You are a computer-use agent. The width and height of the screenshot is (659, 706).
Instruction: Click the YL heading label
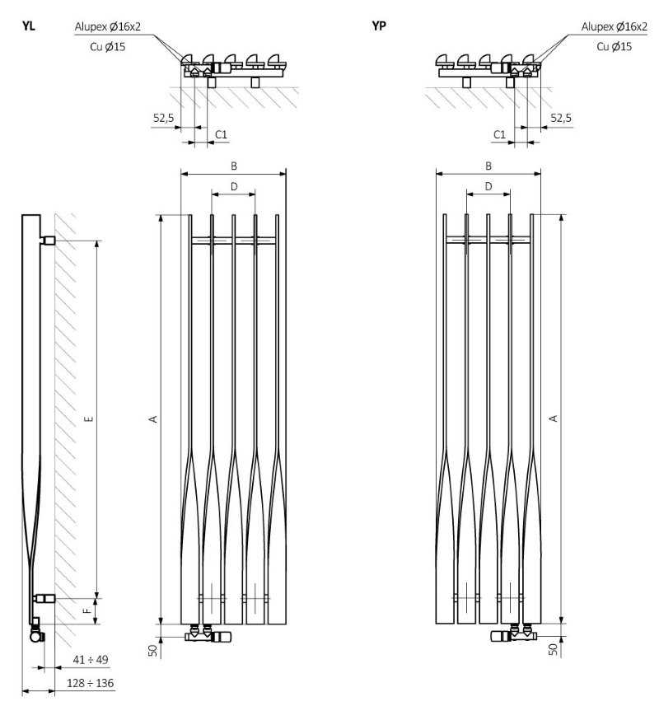tap(28, 26)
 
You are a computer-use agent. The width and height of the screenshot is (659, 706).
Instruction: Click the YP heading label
tap(379, 26)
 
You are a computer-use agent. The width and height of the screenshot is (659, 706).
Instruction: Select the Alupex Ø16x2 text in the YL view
tap(108, 26)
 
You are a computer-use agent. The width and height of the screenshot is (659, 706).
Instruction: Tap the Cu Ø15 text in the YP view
tap(614, 46)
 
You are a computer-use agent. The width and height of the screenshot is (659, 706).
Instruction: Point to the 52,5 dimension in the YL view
tap(163, 118)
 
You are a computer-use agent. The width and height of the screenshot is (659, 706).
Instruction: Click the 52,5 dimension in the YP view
tap(561, 118)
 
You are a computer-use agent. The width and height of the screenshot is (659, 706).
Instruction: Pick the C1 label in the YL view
tap(221, 134)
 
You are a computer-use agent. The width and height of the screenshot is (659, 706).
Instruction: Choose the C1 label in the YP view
tap(500, 134)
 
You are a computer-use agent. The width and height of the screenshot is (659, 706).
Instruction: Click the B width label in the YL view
tap(234, 166)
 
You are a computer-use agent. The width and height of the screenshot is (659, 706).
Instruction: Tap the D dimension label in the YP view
tap(488, 186)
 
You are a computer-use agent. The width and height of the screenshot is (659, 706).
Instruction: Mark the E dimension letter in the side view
tap(89, 419)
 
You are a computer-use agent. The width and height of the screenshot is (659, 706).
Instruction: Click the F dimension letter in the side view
tap(89, 610)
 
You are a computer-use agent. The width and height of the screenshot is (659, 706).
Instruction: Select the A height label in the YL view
tap(153, 419)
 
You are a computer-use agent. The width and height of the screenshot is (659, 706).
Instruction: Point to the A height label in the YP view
tap(554, 418)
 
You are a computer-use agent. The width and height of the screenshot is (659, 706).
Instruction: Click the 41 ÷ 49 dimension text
tap(91, 660)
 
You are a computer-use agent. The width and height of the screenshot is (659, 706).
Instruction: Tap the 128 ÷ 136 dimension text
tap(91, 683)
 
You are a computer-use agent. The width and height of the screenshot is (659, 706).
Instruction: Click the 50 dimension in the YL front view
tap(153, 651)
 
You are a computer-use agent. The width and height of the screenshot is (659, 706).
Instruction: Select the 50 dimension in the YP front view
tap(554, 649)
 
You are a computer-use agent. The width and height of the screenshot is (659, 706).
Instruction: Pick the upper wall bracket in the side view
tap(47, 240)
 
